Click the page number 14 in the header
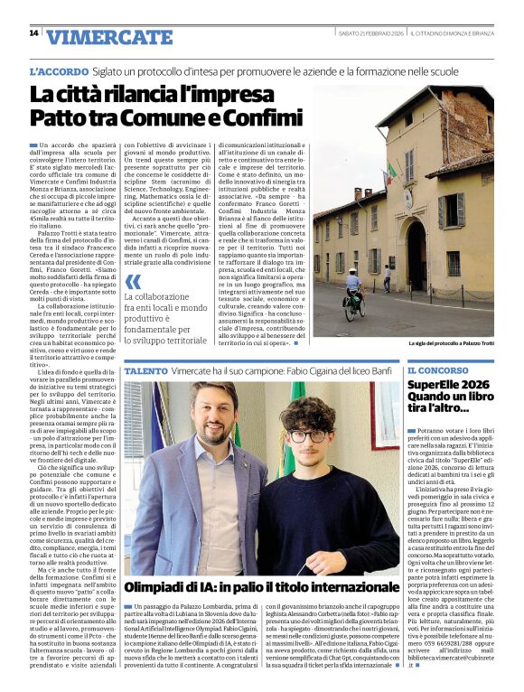click(x=33, y=33)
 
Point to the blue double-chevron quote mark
click(x=133, y=281)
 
